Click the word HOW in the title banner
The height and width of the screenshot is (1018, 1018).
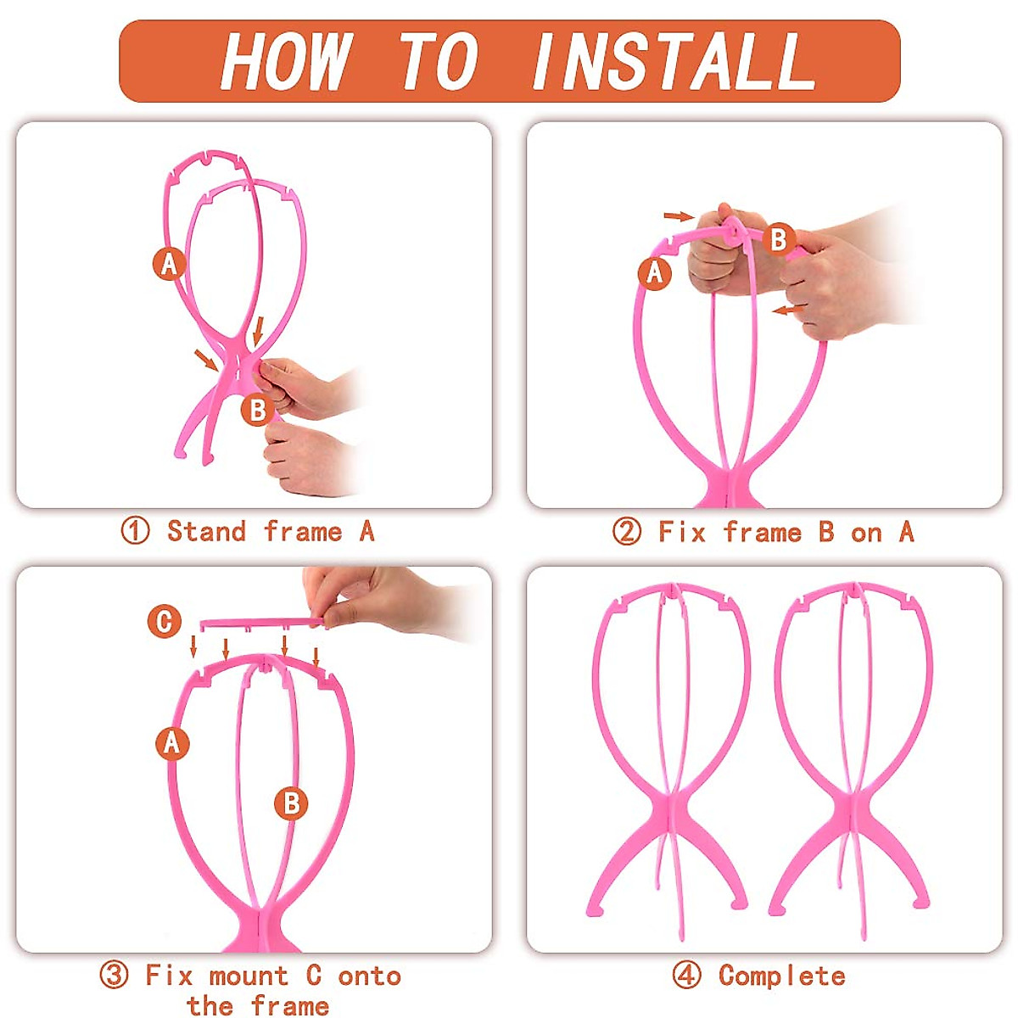(284, 61)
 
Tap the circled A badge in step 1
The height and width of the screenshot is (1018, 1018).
(170, 263)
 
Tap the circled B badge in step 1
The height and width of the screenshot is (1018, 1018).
(257, 411)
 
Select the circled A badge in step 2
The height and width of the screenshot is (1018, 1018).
(654, 273)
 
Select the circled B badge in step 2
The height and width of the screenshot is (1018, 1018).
(778, 239)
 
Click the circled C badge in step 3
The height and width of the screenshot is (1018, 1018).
(165, 621)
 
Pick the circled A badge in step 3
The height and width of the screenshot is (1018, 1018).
(172, 743)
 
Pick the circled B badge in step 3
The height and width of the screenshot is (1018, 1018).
(291, 803)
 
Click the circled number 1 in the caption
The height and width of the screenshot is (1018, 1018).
(135, 532)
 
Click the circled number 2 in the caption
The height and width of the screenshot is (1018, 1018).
(627, 533)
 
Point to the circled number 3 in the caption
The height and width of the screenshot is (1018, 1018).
(115, 976)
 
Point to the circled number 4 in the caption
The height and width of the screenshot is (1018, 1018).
(687, 976)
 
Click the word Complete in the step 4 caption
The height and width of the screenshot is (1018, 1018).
(781, 976)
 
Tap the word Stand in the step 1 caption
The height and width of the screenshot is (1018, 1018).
(206, 532)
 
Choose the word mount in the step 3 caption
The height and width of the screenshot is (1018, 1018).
(249, 976)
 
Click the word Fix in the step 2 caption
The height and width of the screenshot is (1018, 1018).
(681, 533)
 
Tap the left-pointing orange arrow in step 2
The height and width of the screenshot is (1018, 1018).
(787, 310)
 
